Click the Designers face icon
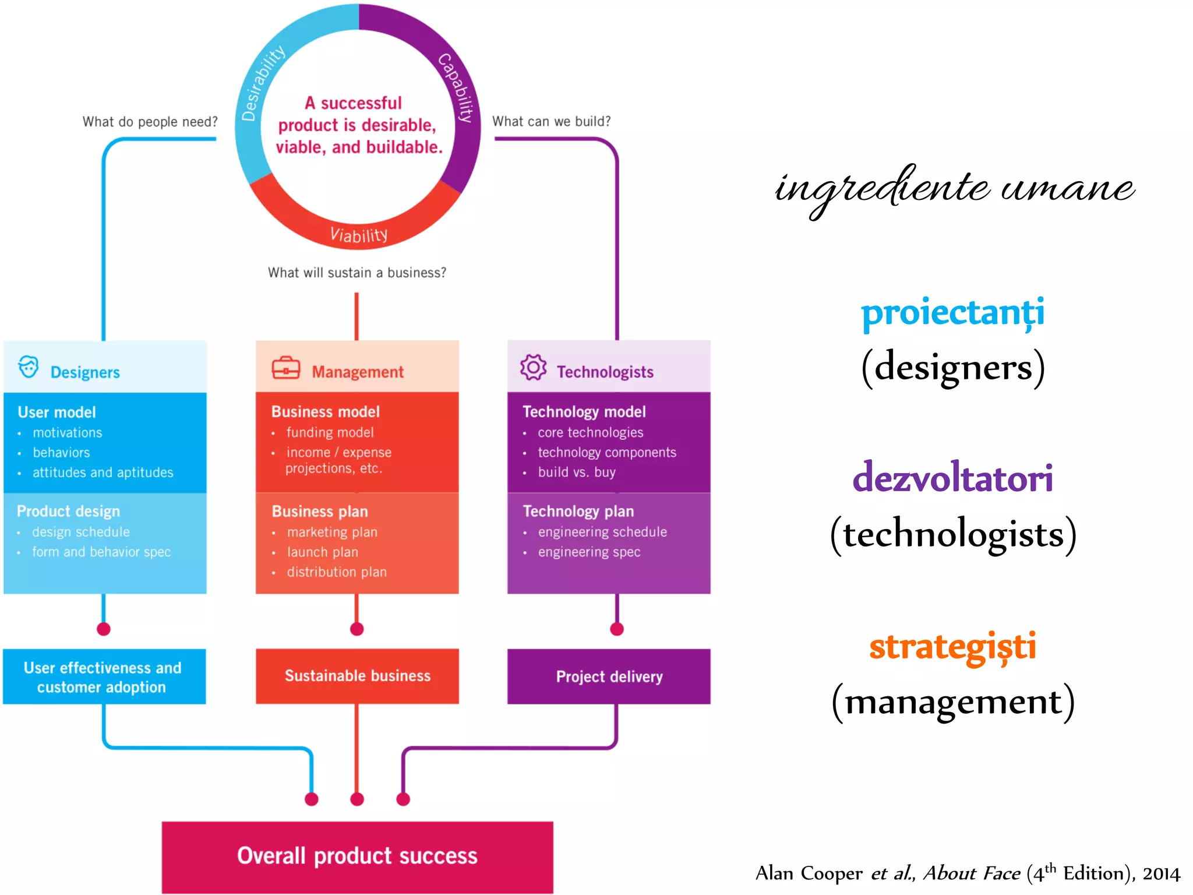tap(28, 367)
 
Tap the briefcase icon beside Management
tap(285, 368)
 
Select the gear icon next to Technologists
tap(533, 367)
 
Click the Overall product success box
tap(357, 856)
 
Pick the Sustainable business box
tap(357, 676)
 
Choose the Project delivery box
tap(609, 676)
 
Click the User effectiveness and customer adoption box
tap(104, 676)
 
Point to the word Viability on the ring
tap(359, 235)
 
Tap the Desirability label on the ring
tap(263, 83)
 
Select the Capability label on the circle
tap(456, 87)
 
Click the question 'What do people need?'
tap(150, 122)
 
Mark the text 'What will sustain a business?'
tap(357, 273)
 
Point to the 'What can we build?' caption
tap(551, 121)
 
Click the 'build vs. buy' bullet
tap(576, 472)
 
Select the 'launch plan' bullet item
tap(322, 552)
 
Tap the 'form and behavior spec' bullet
tap(101, 552)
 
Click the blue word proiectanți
tap(952, 313)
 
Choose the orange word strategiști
tap(952, 647)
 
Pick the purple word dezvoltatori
tap(952, 478)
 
